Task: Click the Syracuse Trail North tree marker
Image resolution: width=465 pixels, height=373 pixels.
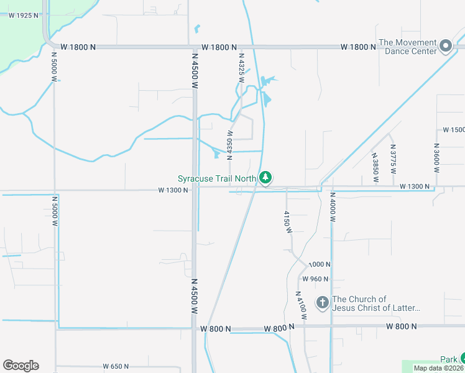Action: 266,178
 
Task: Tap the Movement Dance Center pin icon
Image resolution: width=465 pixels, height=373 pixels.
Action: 445,45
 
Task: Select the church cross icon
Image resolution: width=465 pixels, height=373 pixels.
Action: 322,303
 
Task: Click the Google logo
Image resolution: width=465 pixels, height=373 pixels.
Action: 21,366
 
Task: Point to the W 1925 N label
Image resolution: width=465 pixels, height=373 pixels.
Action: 24,15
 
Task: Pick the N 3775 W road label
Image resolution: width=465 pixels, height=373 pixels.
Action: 393,159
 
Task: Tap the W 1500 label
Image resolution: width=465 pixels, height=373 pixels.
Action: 453,130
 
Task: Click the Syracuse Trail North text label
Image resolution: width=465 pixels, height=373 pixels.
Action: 217,178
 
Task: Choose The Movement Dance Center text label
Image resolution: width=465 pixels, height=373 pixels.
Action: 408,47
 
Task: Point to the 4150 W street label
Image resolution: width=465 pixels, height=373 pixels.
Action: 288,221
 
